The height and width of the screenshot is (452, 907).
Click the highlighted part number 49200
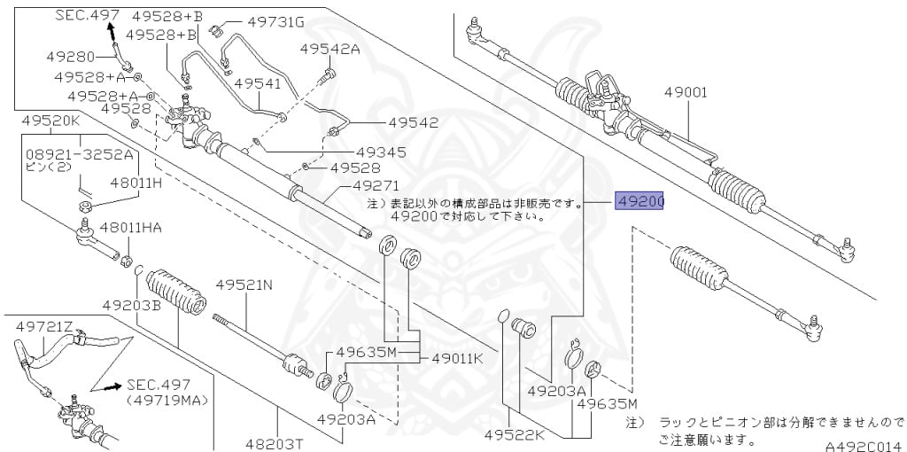point(640,202)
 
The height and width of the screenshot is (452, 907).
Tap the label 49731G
point(251,21)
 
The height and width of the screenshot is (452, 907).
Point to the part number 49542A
point(329,50)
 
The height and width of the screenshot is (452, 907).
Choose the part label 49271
point(376,186)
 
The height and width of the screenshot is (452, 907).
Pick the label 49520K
point(50,120)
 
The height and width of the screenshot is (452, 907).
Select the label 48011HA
point(130,228)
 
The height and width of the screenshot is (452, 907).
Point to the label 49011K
point(457,359)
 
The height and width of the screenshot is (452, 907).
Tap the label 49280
point(71,56)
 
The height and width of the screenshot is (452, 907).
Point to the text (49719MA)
point(167,401)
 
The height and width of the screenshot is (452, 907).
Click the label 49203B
point(131,305)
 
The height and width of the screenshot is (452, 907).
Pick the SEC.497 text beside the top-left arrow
point(87,15)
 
